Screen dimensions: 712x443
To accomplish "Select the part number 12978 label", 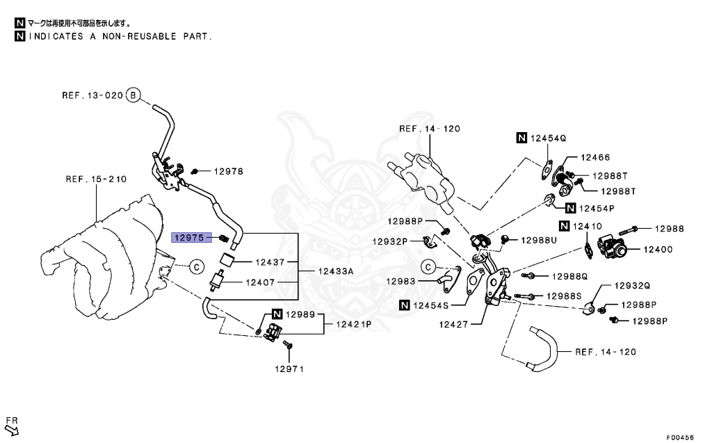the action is tap(228, 171).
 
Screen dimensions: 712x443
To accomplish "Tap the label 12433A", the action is tap(336, 271).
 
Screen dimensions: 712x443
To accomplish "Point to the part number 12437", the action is tap(270, 261).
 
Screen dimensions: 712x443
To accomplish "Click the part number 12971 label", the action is tap(289, 369).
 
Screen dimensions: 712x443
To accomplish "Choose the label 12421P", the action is tap(354, 324).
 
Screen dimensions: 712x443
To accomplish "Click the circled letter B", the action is tap(133, 95).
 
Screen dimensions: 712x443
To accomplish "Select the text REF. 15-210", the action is tap(96, 179).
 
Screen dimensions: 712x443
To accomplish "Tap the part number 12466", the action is tap(595, 157).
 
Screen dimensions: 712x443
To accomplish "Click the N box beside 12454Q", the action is tap(521, 138).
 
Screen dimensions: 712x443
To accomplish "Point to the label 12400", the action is tap(658, 249).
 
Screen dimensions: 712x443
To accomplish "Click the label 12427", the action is tap(453, 324).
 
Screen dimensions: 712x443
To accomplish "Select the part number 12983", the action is tap(400, 281).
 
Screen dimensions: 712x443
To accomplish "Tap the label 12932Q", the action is tap(632, 285).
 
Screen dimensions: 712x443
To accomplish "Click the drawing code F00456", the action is tap(680, 437).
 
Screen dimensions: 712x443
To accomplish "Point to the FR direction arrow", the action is tap(12, 429).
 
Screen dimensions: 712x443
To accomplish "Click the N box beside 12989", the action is tap(277, 314).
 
